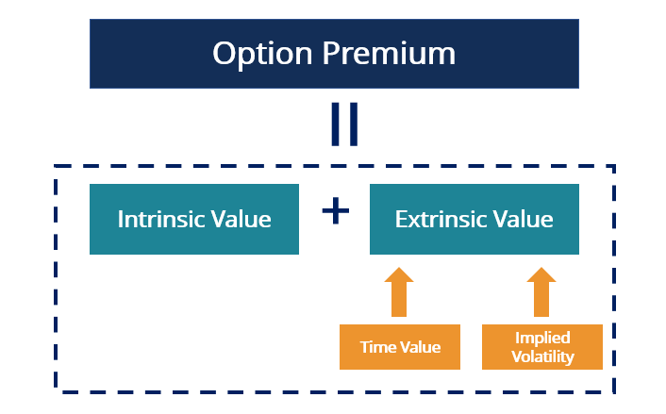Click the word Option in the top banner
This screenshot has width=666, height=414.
point(260,53)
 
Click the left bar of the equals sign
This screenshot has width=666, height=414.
point(335,125)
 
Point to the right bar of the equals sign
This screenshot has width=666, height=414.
point(354,125)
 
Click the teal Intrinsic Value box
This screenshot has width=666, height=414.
point(193,240)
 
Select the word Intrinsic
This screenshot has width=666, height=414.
point(161,220)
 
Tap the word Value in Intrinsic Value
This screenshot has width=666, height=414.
point(241,220)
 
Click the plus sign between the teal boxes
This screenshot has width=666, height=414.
point(335,211)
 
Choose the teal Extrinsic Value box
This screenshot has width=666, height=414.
point(474,240)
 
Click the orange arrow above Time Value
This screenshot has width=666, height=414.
point(400,291)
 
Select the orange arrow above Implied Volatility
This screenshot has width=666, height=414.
point(541,291)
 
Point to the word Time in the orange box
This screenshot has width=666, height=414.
point(377,347)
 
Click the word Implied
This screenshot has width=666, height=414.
point(542,339)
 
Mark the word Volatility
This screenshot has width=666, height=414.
point(542,356)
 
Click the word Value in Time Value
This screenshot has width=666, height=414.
point(419,347)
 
